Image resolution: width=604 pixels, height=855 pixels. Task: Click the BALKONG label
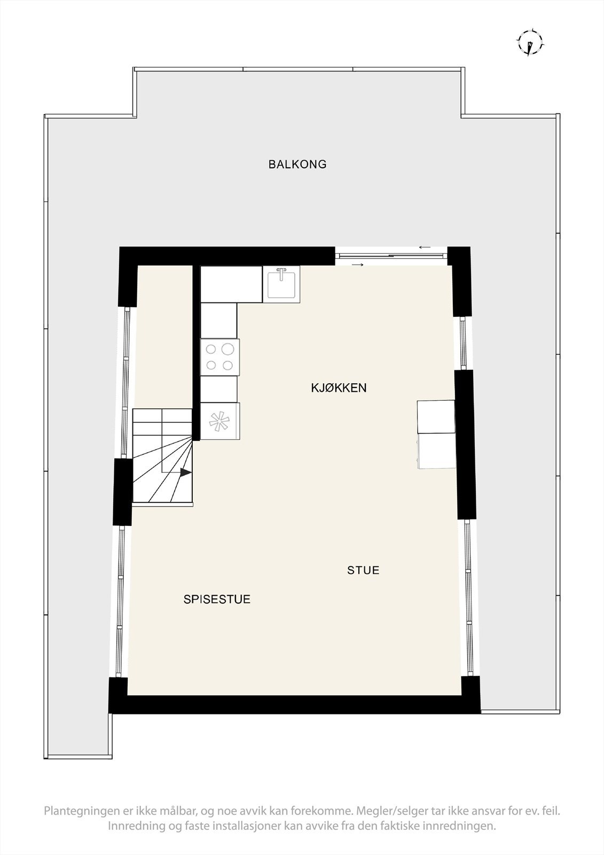point(297,165)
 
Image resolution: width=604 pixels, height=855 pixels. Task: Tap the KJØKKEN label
point(339,388)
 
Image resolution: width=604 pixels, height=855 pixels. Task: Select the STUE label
point(363,570)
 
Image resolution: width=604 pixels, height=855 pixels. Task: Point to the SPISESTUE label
point(217,600)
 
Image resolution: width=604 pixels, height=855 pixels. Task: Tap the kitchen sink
point(281,284)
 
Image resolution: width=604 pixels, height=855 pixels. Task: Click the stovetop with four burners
point(220,357)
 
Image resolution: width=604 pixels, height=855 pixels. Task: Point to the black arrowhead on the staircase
point(185,472)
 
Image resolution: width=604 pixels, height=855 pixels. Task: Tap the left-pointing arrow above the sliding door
point(425,247)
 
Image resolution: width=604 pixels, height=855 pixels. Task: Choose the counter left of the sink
point(231,284)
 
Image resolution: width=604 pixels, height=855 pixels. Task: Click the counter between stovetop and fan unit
point(219,388)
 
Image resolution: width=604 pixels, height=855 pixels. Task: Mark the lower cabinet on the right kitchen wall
point(436,450)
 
